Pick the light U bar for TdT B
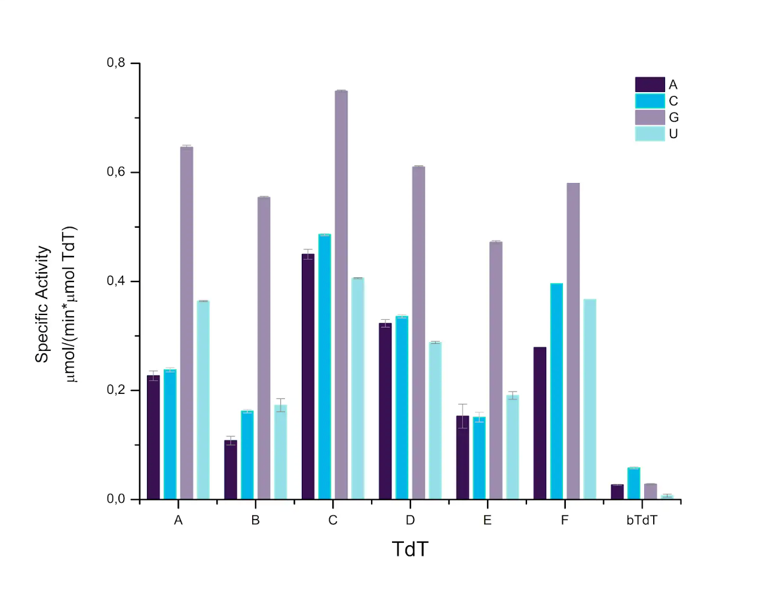[280, 452]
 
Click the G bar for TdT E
[496, 370]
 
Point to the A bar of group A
[153, 437]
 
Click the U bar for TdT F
[590, 399]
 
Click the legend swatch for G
[650, 117]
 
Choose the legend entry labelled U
[673, 134]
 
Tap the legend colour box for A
[650, 85]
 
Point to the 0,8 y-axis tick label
[116, 63]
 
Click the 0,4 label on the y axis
[116, 281]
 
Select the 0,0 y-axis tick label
[116, 499]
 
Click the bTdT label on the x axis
[642, 521]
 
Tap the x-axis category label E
[488, 521]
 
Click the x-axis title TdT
[410, 549]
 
